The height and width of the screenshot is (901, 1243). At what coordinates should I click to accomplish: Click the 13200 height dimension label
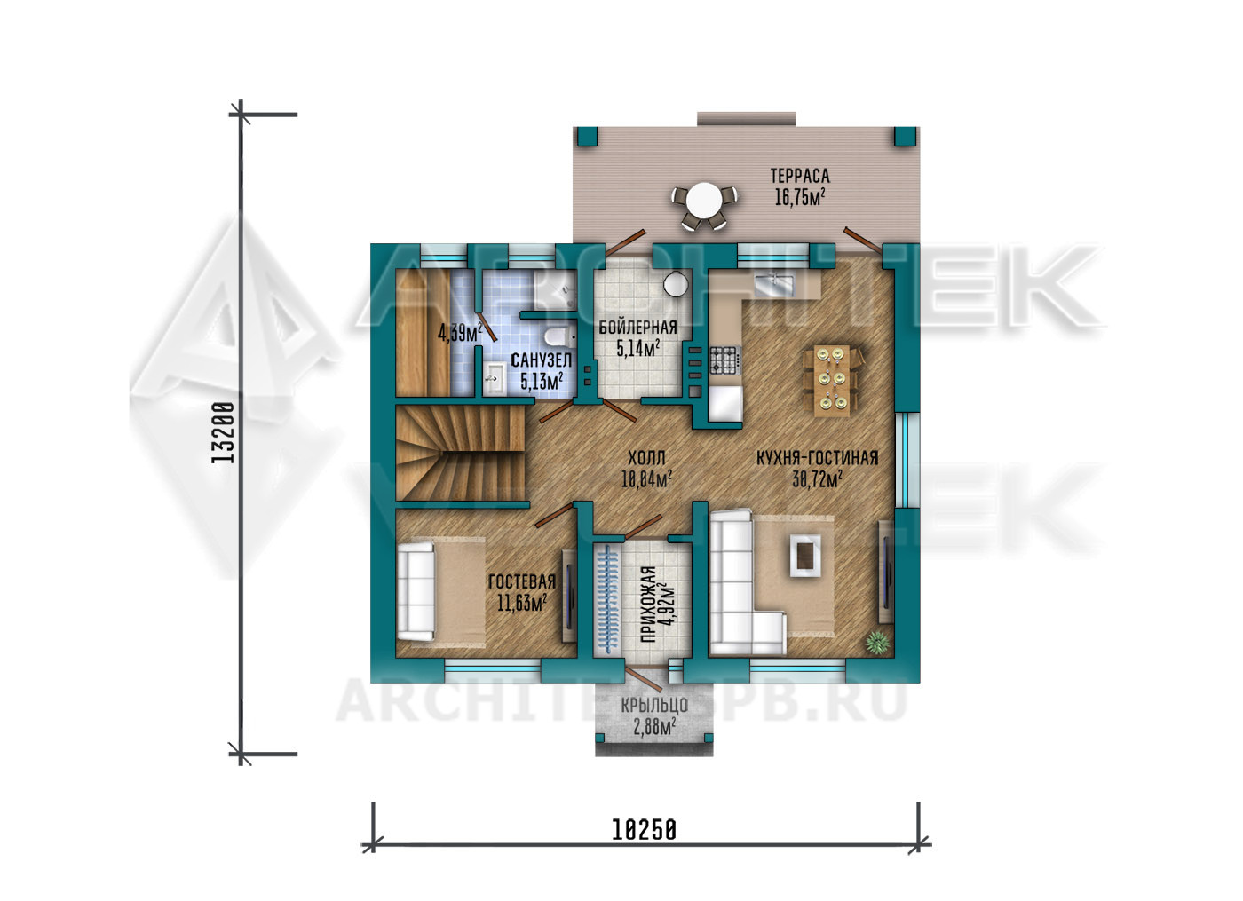click(223, 433)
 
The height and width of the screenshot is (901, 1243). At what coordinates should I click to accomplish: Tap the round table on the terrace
click(703, 201)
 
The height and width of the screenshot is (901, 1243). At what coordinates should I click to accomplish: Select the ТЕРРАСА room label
click(800, 177)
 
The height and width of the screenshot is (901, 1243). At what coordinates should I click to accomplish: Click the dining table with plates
click(832, 380)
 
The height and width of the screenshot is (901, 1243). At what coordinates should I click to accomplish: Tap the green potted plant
click(877, 643)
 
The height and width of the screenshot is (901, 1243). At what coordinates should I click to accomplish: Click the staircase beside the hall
click(460, 453)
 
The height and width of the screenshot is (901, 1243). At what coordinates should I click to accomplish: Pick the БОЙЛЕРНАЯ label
click(637, 328)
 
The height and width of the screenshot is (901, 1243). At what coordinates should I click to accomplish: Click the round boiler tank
click(676, 283)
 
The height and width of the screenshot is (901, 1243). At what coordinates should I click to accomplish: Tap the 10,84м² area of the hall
click(646, 478)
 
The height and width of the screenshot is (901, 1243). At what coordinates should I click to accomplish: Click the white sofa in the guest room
click(416, 591)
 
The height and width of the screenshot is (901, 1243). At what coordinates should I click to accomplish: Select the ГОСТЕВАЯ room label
click(522, 581)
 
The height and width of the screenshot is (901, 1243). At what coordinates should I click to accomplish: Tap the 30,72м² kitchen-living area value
click(818, 478)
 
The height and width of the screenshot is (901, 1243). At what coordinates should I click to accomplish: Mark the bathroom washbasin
click(494, 379)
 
